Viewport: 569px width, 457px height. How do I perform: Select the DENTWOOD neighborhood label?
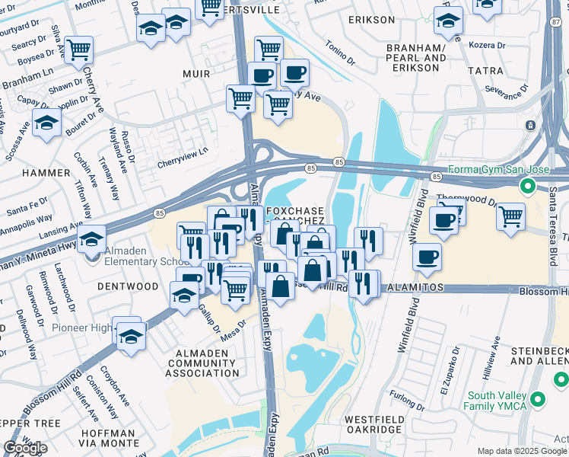point(128,286)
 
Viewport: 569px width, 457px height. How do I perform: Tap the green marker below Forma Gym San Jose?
point(526,186)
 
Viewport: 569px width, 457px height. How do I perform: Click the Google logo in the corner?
point(25,447)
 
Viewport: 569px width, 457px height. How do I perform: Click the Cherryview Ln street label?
point(182,153)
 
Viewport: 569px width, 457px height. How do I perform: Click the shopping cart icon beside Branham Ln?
point(78,50)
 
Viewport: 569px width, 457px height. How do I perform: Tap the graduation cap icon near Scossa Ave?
point(46,123)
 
